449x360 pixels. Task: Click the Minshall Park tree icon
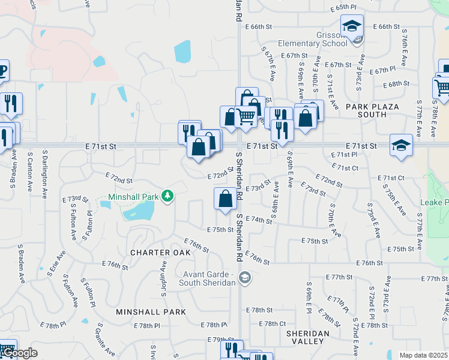point(170,196)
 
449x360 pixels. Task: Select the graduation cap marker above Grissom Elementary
point(352,26)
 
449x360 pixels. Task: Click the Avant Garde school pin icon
point(244,277)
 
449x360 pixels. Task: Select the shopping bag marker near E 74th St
point(225,199)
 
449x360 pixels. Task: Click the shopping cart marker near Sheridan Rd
point(246,115)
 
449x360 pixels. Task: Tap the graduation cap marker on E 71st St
point(401,145)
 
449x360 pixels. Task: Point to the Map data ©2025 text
point(423,355)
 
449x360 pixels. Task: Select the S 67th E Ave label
point(268,63)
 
